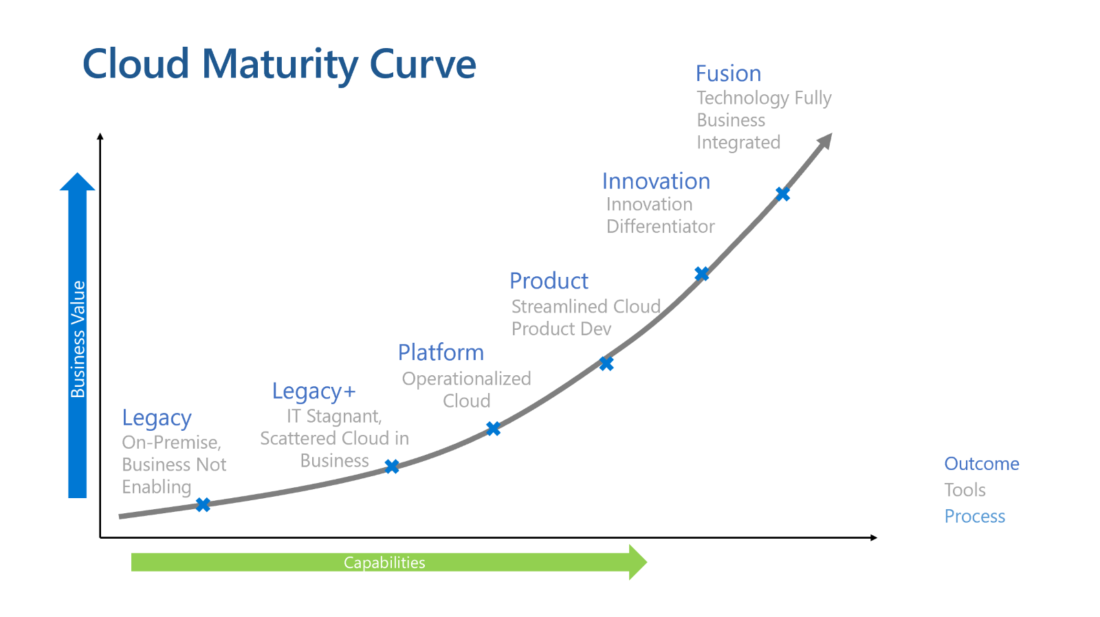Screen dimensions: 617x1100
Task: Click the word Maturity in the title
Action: tap(280, 65)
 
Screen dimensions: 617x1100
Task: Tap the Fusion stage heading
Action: tap(728, 74)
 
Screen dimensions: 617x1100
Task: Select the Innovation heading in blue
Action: tap(656, 181)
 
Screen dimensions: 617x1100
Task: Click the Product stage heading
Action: tap(549, 281)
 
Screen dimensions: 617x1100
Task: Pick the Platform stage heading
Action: tap(441, 352)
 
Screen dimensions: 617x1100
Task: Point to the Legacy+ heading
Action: tap(313, 391)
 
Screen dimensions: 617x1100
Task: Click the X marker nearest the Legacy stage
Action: tap(203, 505)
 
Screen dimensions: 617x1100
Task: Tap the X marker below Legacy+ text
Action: tap(392, 467)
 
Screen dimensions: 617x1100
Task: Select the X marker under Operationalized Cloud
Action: tap(493, 429)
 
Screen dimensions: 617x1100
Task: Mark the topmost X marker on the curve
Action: tap(782, 194)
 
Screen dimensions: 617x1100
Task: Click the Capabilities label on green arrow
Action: tap(384, 563)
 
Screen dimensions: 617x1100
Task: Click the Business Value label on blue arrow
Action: tap(78, 339)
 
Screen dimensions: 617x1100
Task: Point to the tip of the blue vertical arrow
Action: tap(78, 176)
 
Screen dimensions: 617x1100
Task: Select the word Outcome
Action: tap(981, 464)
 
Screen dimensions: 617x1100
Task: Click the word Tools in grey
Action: tap(965, 490)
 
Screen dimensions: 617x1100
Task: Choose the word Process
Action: tap(974, 516)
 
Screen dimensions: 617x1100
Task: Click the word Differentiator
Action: tap(660, 227)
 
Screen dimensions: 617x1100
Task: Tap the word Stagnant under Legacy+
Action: tap(344, 416)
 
